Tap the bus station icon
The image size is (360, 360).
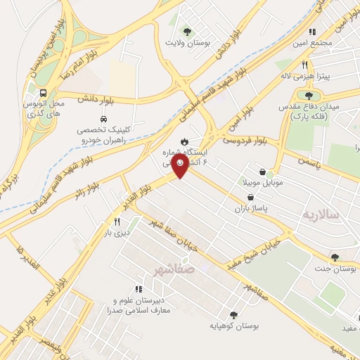coord(44,93)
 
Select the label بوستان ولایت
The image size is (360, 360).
coord(187,43)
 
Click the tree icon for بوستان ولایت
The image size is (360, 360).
coord(187,31)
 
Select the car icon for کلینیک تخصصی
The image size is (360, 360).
coord(103,119)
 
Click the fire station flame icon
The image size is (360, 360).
coord(184,140)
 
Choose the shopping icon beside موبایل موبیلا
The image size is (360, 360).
coord(262,172)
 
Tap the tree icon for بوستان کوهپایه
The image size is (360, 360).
coord(233,315)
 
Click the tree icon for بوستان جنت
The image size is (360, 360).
coord(334,257)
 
